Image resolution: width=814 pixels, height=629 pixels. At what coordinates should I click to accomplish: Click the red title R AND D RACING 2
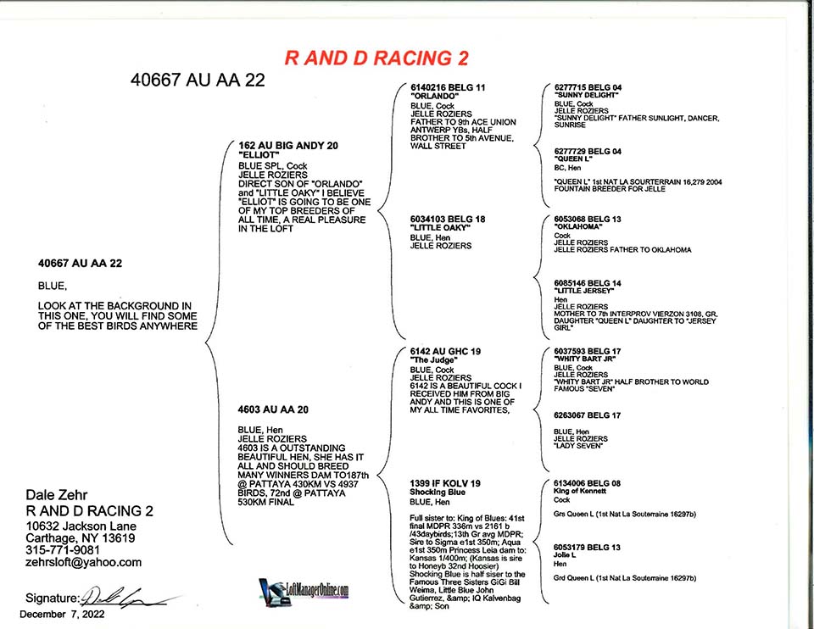[x=376, y=58]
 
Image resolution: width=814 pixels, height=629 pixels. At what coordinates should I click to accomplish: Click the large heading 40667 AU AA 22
[x=198, y=81]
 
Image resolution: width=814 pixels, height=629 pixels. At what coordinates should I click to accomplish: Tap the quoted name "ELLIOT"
[x=258, y=156]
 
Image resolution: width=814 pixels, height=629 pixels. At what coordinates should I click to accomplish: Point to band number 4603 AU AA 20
[x=273, y=409]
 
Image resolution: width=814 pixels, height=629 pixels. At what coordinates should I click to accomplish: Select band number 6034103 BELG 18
[x=448, y=220]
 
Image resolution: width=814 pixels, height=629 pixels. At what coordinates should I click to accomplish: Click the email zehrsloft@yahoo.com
[x=83, y=562]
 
